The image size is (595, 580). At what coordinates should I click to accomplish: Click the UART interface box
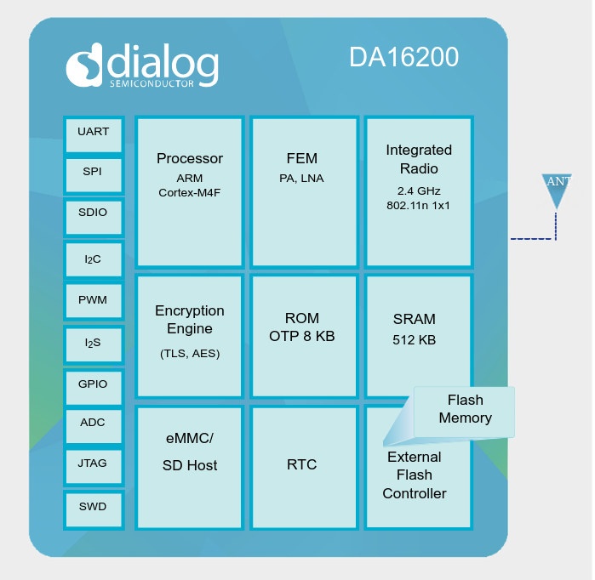[x=94, y=133]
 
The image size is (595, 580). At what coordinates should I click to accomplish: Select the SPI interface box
[x=94, y=173]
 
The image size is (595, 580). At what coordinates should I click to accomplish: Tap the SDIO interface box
[x=94, y=213]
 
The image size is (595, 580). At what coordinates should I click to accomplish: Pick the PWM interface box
[x=94, y=300]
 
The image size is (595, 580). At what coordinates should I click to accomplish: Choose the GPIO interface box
[x=94, y=384]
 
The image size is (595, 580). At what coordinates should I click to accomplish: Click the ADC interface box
[x=94, y=423]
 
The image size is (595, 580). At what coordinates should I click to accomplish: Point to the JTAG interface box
[x=94, y=464]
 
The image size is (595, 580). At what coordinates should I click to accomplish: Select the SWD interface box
[x=94, y=508]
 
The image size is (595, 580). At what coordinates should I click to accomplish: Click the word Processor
[x=190, y=159]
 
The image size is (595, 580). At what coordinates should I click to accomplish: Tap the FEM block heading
[x=302, y=159]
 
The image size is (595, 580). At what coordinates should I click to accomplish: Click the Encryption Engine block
[x=189, y=334]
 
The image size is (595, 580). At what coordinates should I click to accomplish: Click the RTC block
[x=302, y=465]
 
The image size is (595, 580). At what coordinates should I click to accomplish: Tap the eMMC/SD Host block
[x=189, y=466]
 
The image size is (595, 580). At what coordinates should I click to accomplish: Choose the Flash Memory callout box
[x=465, y=409]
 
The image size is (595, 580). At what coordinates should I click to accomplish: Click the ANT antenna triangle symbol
[x=557, y=190]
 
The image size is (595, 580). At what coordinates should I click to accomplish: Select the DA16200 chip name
[x=403, y=58]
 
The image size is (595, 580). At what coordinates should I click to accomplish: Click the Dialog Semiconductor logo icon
[x=86, y=66]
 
